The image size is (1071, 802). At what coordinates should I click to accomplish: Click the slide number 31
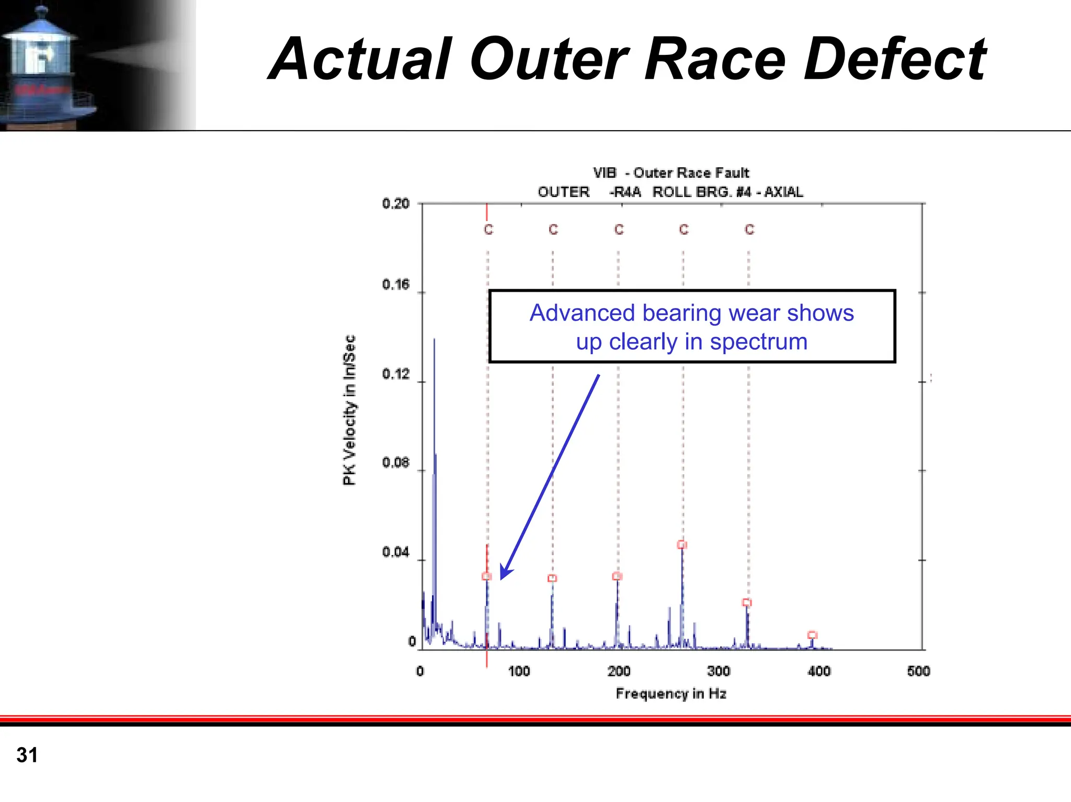tap(27, 755)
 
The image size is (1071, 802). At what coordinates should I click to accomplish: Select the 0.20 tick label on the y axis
tap(395, 203)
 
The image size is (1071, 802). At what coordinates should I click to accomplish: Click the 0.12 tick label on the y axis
tap(395, 374)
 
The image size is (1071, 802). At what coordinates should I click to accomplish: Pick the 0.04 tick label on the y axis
tap(395, 552)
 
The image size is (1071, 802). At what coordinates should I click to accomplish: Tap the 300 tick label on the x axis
tap(719, 671)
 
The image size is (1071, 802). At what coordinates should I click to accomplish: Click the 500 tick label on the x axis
tap(918, 671)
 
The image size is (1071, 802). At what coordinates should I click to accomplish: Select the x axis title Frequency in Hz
tap(671, 694)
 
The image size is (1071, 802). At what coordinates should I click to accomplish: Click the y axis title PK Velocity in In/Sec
tap(349, 410)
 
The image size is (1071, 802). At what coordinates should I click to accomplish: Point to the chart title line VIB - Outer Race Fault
tap(671, 173)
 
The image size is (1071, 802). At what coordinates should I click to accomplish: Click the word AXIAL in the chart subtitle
tap(783, 192)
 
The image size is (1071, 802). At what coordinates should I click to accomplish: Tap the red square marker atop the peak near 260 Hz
tap(682, 545)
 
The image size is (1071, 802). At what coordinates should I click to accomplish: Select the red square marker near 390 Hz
tap(812, 635)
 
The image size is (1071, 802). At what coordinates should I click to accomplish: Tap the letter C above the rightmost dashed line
tap(749, 230)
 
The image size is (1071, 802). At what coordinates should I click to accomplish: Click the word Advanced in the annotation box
tap(583, 313)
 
